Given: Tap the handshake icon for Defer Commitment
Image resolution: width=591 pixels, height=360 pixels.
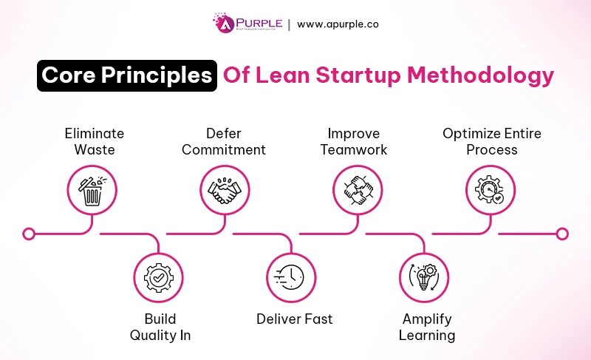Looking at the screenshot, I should click(x=226, y=189).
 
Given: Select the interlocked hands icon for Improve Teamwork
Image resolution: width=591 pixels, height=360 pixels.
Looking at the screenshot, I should click(x=358, y=189).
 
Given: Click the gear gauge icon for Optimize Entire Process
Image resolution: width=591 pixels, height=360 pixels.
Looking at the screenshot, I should click(x=491, y=189).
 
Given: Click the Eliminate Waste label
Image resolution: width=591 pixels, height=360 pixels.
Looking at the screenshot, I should click(x=94, y=141).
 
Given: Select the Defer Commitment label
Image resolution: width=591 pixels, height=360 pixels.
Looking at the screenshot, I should click(x=225, y=141).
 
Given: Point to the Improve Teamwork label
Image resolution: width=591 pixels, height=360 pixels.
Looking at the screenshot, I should click(x=358, y=141).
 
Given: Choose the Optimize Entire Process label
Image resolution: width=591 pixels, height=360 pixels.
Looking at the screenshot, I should click(x=491, y=141).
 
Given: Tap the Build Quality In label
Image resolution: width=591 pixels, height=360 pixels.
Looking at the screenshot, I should click(x=160, y=327).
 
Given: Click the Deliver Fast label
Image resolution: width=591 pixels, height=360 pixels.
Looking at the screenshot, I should click(x=294, y=319).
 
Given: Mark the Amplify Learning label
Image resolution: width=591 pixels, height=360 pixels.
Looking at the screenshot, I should click(x=427, y=327).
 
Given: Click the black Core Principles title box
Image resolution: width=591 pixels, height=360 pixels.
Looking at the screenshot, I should click(x=127, y=75).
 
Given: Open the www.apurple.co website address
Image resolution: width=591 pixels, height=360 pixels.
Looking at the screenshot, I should click(x=338, y=24).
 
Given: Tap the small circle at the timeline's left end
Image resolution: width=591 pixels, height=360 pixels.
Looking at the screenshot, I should click(x=29, y=234).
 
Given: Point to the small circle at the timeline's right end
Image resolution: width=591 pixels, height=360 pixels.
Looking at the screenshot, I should click(x=562, y=234).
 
